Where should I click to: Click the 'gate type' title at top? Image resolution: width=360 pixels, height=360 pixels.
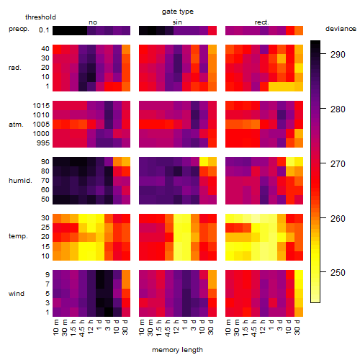(178, 12)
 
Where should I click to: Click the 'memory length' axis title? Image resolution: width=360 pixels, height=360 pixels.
(178, 350)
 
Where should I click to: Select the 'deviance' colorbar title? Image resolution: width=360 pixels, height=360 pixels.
(341, 29)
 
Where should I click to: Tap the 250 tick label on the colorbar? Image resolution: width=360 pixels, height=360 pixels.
(338, 273)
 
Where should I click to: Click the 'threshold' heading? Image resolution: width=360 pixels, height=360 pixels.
(40, 17)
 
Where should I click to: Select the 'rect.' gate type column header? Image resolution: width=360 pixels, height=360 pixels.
(262, 22)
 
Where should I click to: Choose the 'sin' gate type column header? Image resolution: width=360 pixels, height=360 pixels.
(177, 22)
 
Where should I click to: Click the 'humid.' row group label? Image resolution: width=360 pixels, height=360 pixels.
(20, 181)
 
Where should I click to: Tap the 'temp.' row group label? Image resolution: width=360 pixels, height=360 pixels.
(18, 236)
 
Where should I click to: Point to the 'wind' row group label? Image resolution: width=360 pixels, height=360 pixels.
(17, 294)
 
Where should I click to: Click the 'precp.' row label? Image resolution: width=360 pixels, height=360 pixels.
(19, 29)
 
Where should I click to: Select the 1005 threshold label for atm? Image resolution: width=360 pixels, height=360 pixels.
(41, 125)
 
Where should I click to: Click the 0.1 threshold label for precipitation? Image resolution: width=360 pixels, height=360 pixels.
(44, 30)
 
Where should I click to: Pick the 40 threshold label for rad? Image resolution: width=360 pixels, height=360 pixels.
(45, 49)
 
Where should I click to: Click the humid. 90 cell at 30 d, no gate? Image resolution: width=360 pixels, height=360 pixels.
(126, 162)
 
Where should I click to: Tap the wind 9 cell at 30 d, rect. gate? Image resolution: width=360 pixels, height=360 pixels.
(299, 275)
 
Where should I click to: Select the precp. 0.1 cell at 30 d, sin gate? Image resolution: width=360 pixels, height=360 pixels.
(212, 31)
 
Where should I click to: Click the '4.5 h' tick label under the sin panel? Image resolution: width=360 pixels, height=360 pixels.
(168, 328)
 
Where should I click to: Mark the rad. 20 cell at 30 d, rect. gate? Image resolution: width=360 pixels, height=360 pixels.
(299, 68)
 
